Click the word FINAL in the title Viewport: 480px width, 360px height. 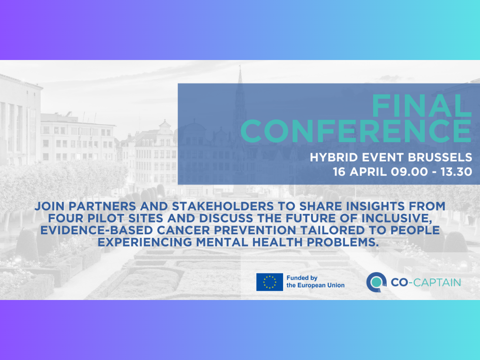(x=421, y=106)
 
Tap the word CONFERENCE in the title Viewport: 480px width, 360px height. (x=356, y=131)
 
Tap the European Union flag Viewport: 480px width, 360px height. (x=270, y=282)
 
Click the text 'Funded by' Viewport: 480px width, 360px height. (x=302, y=278)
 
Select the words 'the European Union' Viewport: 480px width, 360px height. (x=315, y=285)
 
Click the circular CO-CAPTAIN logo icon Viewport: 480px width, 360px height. (x=376, y=282)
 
